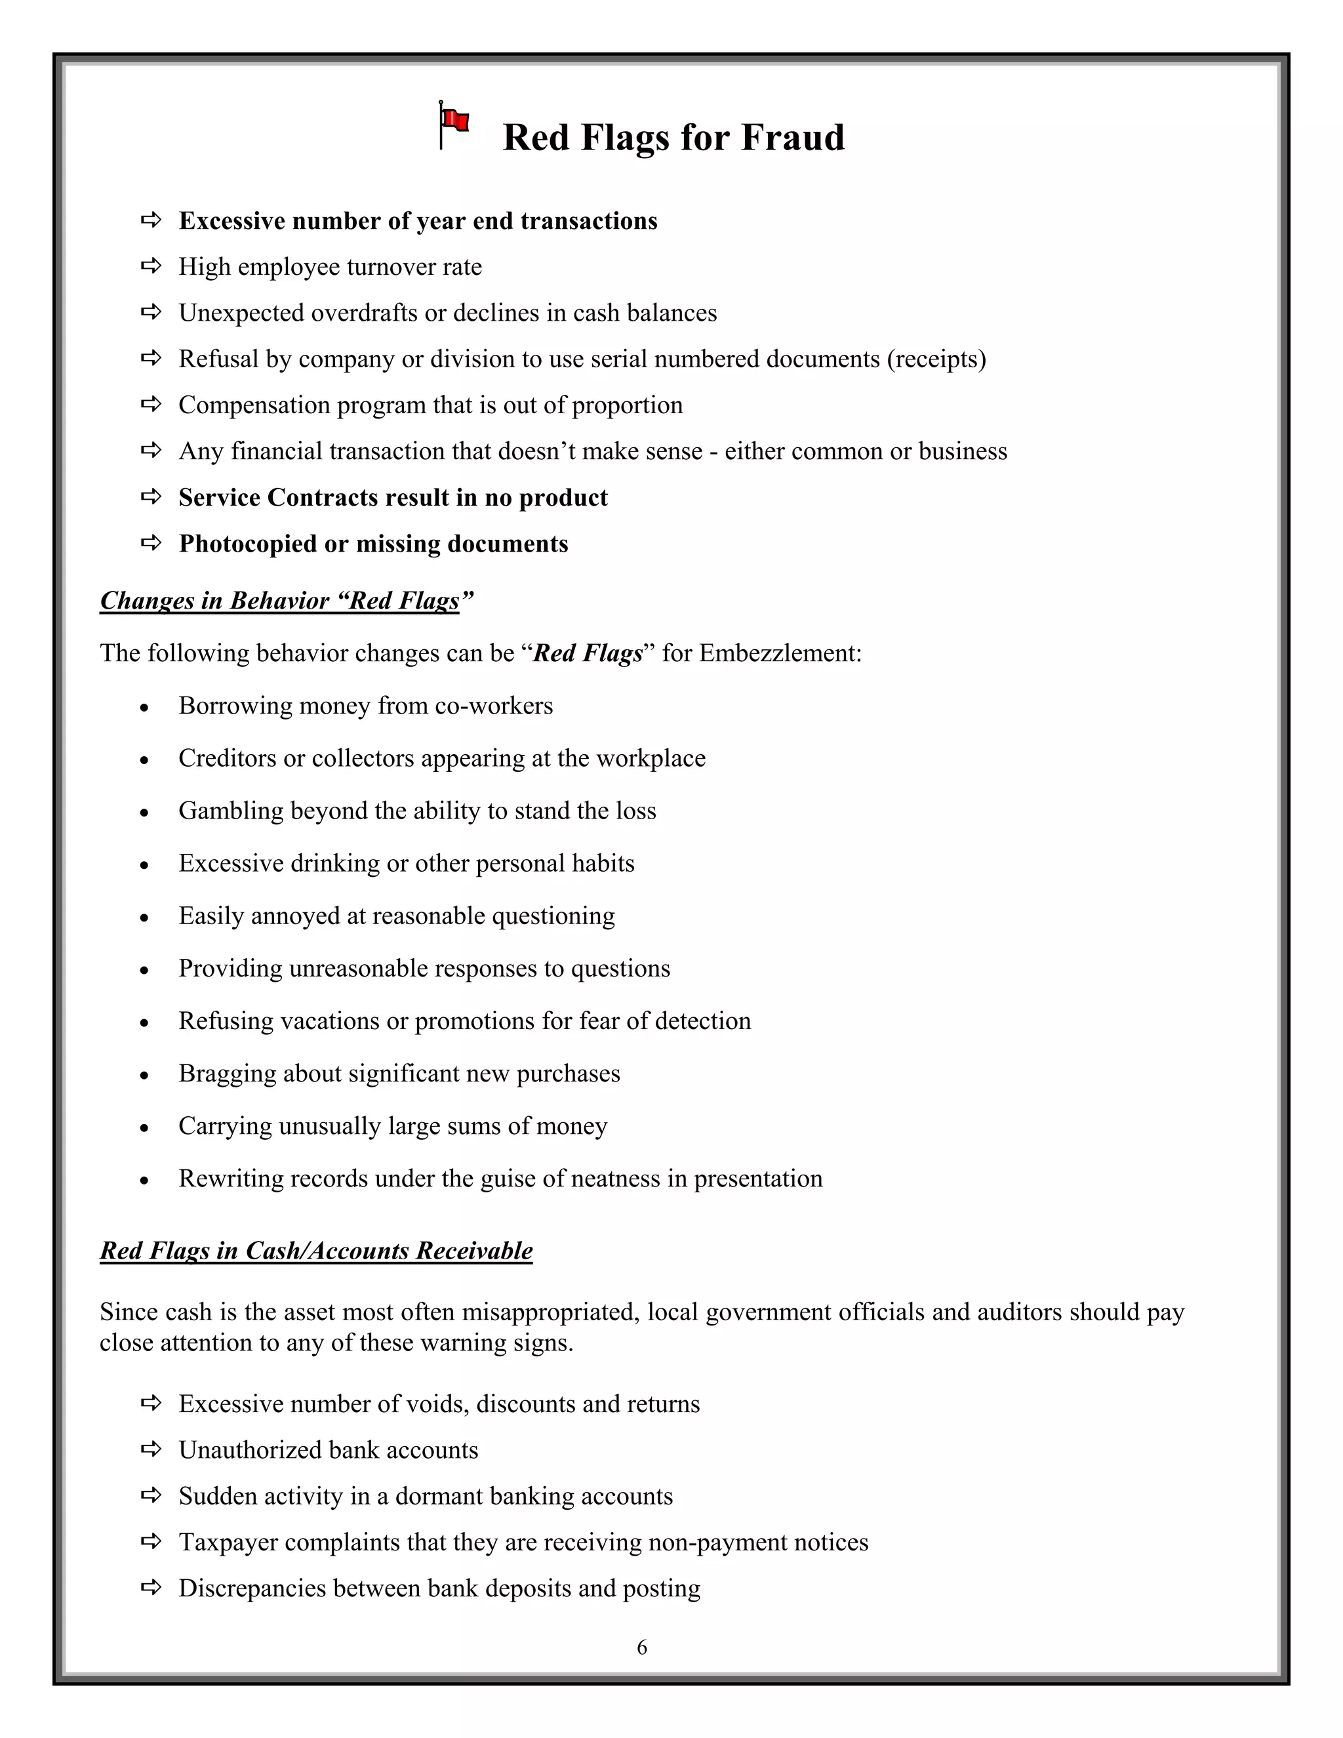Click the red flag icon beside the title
point(454,124)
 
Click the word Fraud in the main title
point(792,137)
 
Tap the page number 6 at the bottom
point(642,1647)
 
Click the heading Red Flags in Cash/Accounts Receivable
point(316,1250)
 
